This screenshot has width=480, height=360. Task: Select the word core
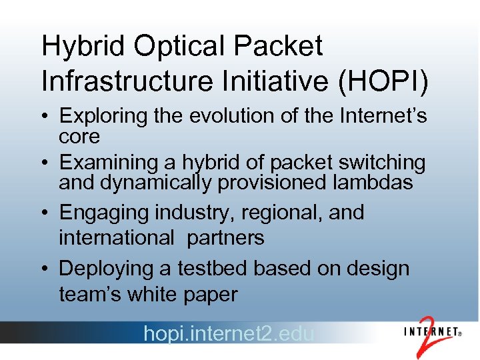pos(79,137)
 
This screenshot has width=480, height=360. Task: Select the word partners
pos(226,238)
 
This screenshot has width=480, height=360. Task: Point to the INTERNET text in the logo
pos(430,331)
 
